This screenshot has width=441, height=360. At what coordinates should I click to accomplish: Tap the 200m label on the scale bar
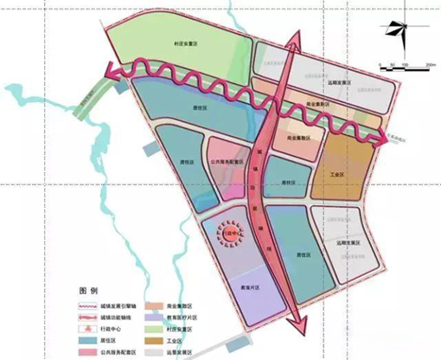click(x=430, y=65)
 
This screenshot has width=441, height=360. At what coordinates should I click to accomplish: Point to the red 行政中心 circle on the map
click(x=231, y=234)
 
